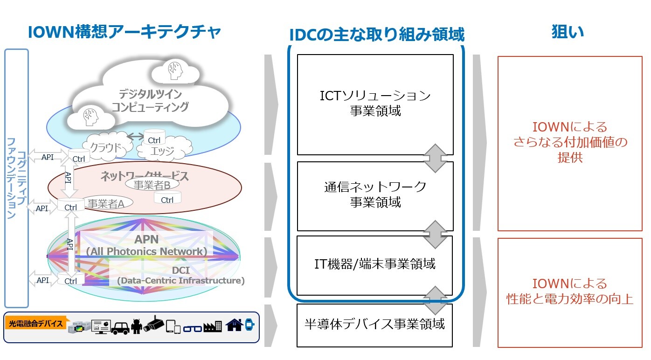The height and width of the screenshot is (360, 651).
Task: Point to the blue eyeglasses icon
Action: (x=192, y=328)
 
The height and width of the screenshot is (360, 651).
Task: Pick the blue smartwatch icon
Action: (x=249, y=325)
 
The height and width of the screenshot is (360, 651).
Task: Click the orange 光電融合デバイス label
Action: (x=36, y=324)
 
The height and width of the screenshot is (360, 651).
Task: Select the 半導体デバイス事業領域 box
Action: (x=374, y=324)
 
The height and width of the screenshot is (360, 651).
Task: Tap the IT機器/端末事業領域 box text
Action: (x=374, y=264)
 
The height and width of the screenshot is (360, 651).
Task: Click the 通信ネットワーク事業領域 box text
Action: (x=375, y=194)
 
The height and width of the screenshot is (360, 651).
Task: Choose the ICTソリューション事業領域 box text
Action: (x=375, y=104)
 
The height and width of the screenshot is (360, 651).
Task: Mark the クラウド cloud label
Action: (x=105, y=148)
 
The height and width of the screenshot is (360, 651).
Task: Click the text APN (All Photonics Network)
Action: (x=146, y=245)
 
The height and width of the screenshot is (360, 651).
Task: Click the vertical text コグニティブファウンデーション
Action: (x=16, y=177)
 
